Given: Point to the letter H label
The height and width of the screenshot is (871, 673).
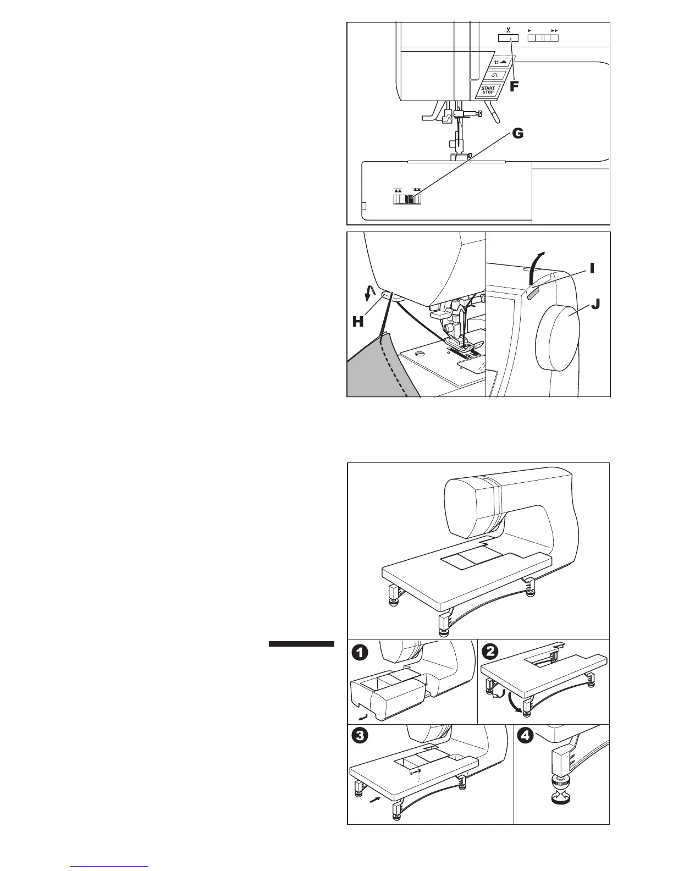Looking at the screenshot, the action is [358, 322].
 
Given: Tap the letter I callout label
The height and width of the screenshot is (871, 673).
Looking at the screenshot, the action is [592, 268].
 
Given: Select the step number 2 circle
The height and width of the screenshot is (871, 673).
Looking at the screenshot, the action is [489, 651].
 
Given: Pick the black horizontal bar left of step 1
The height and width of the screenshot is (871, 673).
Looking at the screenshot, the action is [301, 644].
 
